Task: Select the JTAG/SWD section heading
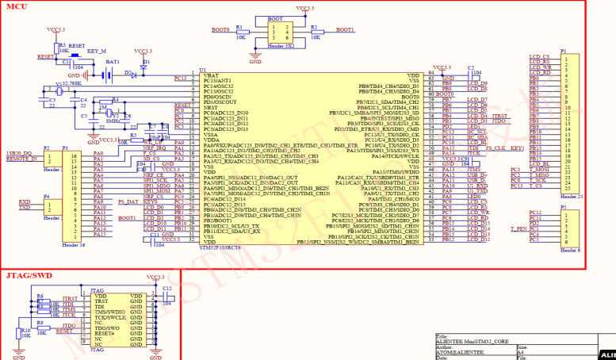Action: (28, 274)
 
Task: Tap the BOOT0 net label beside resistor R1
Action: (220, 29)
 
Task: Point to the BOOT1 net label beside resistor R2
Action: (345, 29)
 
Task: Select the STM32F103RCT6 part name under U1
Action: (230, 247)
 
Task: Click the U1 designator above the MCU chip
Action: (203, 71)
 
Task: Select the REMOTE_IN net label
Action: (21, 159)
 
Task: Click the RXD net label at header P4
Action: (25, 201)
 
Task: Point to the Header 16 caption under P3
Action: (74, 245)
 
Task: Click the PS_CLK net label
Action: (496, 148)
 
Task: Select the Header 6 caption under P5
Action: (570, 249)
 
